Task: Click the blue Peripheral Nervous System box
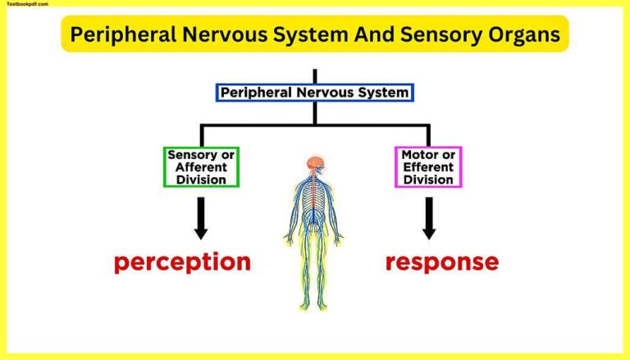click(314, 93)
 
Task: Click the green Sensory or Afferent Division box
click(201, 166)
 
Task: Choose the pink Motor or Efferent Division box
click(428, 166)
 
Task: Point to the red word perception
click(182, 262)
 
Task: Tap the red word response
click(441, 262)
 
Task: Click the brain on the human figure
click(314, 163)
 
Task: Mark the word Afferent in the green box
click(201, 167)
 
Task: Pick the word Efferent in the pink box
click(428, 167)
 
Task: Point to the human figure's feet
click(314, 306)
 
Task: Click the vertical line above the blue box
click(314, 75)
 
